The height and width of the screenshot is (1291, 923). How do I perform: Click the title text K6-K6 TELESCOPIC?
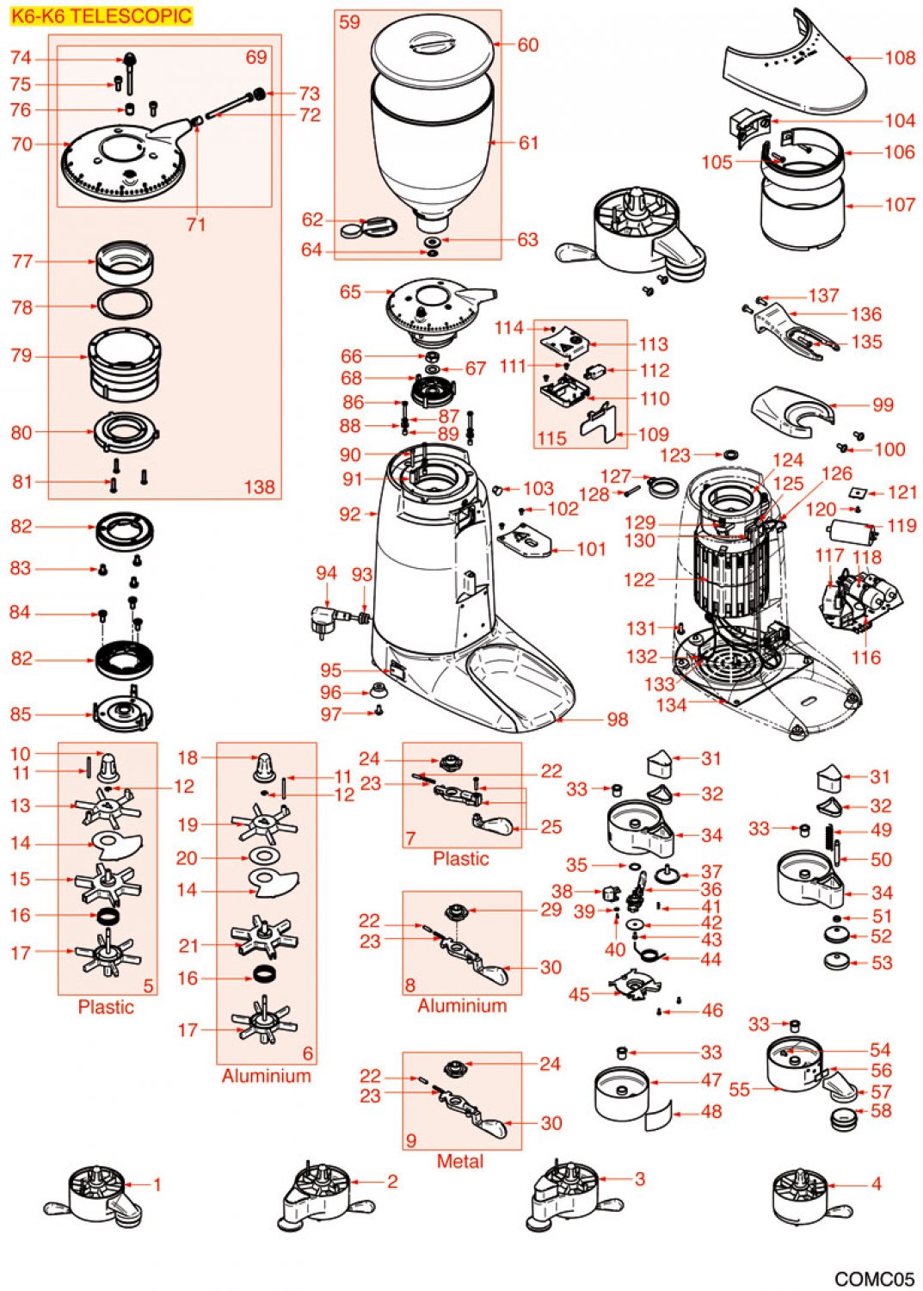pyautogui.click(x=102, y=15)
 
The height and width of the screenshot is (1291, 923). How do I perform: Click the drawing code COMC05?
pyautogui.click(x=874, y=1279)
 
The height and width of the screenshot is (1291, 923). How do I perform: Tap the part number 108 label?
pyautogui.click(x=900, y=58)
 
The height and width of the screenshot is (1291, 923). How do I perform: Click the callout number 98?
pyautogui.click(x=617, y=720)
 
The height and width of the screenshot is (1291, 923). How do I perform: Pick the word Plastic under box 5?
pyautogui.click(x=106, y=1007)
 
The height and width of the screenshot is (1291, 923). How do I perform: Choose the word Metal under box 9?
pyautogui.click(x=460, y=1161)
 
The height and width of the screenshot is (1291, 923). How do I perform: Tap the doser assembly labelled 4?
pyautogui.click(x=800, y=1196)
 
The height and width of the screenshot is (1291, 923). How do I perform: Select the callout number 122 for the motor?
pyautogui.click(x=638, y=580)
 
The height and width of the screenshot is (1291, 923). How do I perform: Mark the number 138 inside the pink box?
pyautogui.click(x=259, y=487)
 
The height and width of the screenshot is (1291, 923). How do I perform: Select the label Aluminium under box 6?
pyautogui.click(x=266, y=1076)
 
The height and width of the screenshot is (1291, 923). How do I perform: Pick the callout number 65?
pyautogui.click(x=350, y=292)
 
